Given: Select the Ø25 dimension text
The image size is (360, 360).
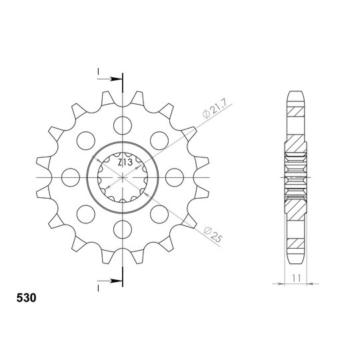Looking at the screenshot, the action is (x=213, y=235).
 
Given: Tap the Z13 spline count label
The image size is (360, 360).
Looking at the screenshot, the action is (x=125, y=163).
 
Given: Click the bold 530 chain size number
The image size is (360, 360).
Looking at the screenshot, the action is (x=26, y=298).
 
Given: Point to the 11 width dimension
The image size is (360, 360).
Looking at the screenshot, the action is (x=297, y=278).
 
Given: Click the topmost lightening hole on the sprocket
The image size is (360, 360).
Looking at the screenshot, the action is (x=123, y=125).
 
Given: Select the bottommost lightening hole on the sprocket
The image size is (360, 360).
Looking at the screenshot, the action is (x=123, y=229).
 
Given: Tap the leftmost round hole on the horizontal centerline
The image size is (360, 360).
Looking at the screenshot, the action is (x=71, y=177).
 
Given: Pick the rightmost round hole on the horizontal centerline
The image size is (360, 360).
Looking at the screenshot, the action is (x=175, y=177).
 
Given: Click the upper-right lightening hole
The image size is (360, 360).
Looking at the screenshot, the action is (x=159, y=141).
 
